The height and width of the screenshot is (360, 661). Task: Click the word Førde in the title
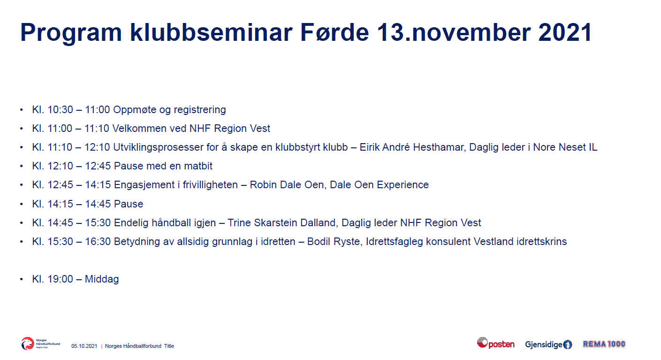[x=334, y=32]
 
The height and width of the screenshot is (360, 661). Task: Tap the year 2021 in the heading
[x=565, y=32]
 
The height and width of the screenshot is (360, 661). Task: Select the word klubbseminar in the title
[x=211, y=32]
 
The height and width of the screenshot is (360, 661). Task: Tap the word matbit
[x=198, y=166]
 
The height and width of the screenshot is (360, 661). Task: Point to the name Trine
[x=239, y=222]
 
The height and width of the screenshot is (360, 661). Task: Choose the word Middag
[x=102, y=279]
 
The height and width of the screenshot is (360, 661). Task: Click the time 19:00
[x=60, y=279]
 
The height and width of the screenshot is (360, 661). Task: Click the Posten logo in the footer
[x=496, y=344]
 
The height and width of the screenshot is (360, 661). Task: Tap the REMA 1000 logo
[x=604, y=344]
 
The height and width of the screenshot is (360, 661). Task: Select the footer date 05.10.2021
[x=84, y=346]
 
